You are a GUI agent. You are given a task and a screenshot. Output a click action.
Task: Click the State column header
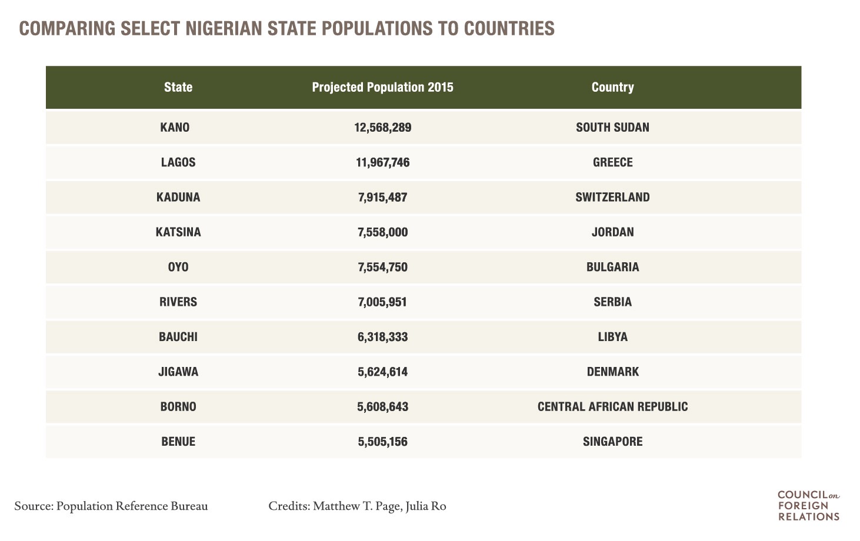point(178,87)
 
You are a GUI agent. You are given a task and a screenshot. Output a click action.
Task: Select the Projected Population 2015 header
point(382,87)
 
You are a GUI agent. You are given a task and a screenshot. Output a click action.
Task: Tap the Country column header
point(612,87)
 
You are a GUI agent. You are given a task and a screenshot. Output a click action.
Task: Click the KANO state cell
point(175,127)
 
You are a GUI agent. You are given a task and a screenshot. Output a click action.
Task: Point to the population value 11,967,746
point(382,162)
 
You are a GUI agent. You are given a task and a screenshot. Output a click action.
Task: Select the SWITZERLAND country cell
point(612,197)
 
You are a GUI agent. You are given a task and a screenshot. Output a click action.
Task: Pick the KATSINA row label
point(178,232)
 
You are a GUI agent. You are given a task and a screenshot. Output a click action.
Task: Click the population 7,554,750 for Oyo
point(382,267)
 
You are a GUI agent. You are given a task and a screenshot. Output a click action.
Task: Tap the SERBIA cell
point(612,302)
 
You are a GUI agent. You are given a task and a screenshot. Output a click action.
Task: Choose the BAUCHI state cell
point(178,337)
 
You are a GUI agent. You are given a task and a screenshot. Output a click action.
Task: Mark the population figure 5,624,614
point(382,372)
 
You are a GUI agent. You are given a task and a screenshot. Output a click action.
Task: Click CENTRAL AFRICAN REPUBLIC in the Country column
point(612,406)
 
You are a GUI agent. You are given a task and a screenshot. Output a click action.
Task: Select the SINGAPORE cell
point(612,442)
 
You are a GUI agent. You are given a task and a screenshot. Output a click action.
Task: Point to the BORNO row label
point(178,406)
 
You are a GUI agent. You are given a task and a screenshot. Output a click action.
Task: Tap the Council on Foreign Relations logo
point(808,505)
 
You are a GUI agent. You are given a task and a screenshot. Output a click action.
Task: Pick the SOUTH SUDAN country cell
point(612,127)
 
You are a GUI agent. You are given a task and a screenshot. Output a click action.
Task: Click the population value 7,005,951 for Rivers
point(382,302)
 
